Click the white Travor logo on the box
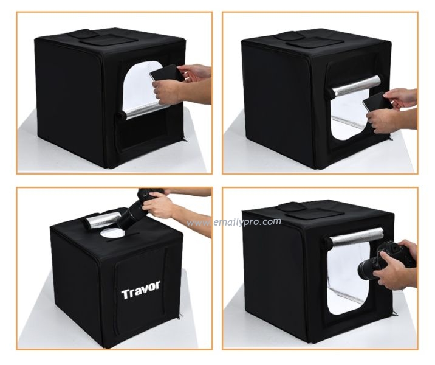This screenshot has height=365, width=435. (x=141, y=290)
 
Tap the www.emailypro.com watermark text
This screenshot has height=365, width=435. (x=233, y=222)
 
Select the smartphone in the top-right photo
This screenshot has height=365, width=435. (x=377, y=102)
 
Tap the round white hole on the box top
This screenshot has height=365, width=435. (x=112, y=233)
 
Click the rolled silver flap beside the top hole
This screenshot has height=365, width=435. (x=103, y=220)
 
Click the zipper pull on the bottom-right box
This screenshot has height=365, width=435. (x=394, y=313)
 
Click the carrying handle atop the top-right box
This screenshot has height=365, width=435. (x=288, y=36)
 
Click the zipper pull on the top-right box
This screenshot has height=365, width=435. (x=391, y=137)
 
